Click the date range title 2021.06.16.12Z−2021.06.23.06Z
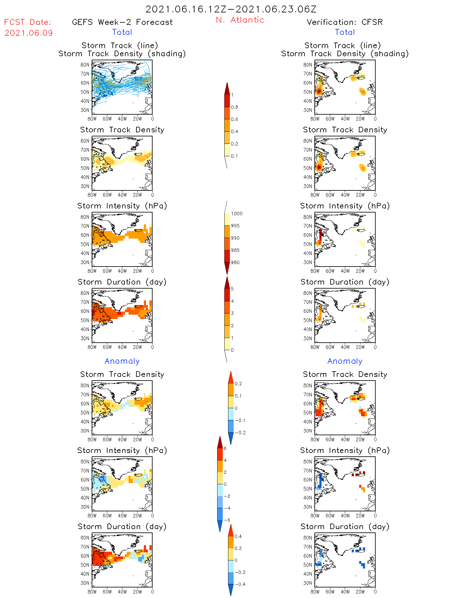(231, 9)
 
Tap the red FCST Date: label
(28, 22)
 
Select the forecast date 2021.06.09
(29, 33)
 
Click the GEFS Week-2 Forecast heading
(122, 22)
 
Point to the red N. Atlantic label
(240, 20)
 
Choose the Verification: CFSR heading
(345, 22)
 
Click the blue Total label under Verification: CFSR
(345, 32)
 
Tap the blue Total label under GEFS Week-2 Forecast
(122, 32)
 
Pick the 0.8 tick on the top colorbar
(235, 107)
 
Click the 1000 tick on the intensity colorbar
(236, 214)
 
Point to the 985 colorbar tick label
(235, 250)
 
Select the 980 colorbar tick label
(235, 262)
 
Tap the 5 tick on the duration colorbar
(232, 289)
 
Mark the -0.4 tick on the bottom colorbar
(240, 584)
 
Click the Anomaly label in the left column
(122, 361)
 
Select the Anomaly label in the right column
(345, 361)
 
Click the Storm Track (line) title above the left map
(120, 45)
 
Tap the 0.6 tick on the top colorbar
(235, 119)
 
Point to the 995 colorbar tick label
(235, 226)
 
